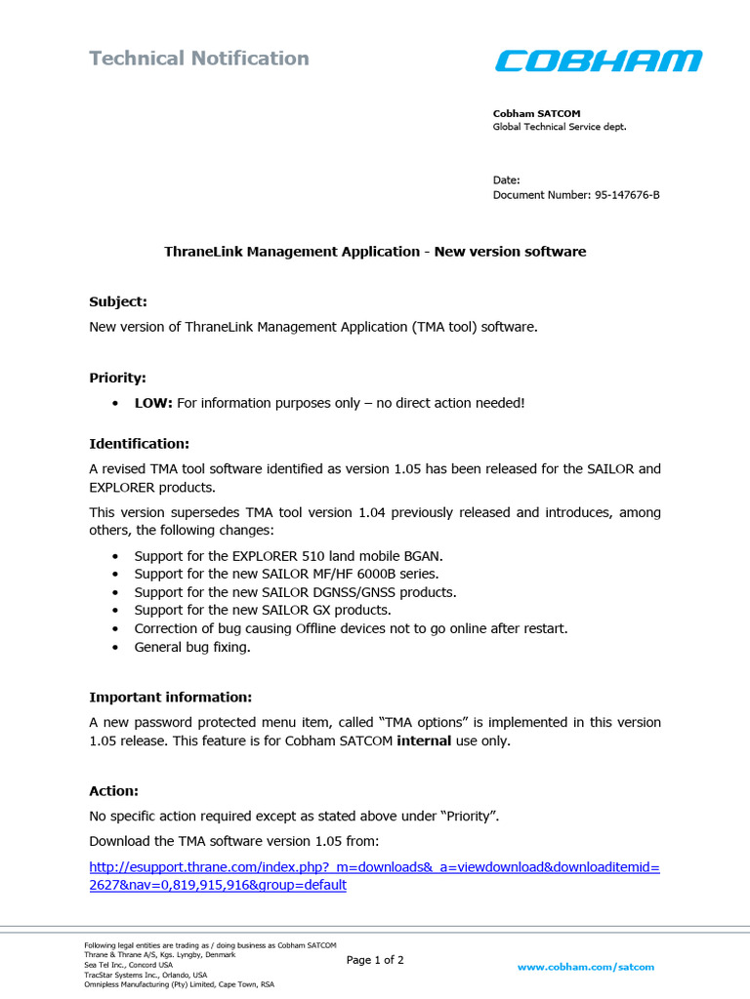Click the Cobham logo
coord(598,60)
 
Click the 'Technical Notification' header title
coord(199,59)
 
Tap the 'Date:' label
coord(506,180)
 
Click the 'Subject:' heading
coord(118,301)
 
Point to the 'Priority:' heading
coord(117,378)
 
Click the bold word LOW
coord(153,403)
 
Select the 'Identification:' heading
coord(139,444)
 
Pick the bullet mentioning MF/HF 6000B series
coord(286,574)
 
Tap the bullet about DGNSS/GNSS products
coord(295,592)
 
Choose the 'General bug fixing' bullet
coord(192,647)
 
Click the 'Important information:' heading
coord(170,697)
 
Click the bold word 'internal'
coord(424,740)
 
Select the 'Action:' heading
coord(113,790)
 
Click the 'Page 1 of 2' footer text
coord(375,960)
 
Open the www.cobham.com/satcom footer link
coord(585,967)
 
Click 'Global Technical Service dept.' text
coord(559,127)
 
